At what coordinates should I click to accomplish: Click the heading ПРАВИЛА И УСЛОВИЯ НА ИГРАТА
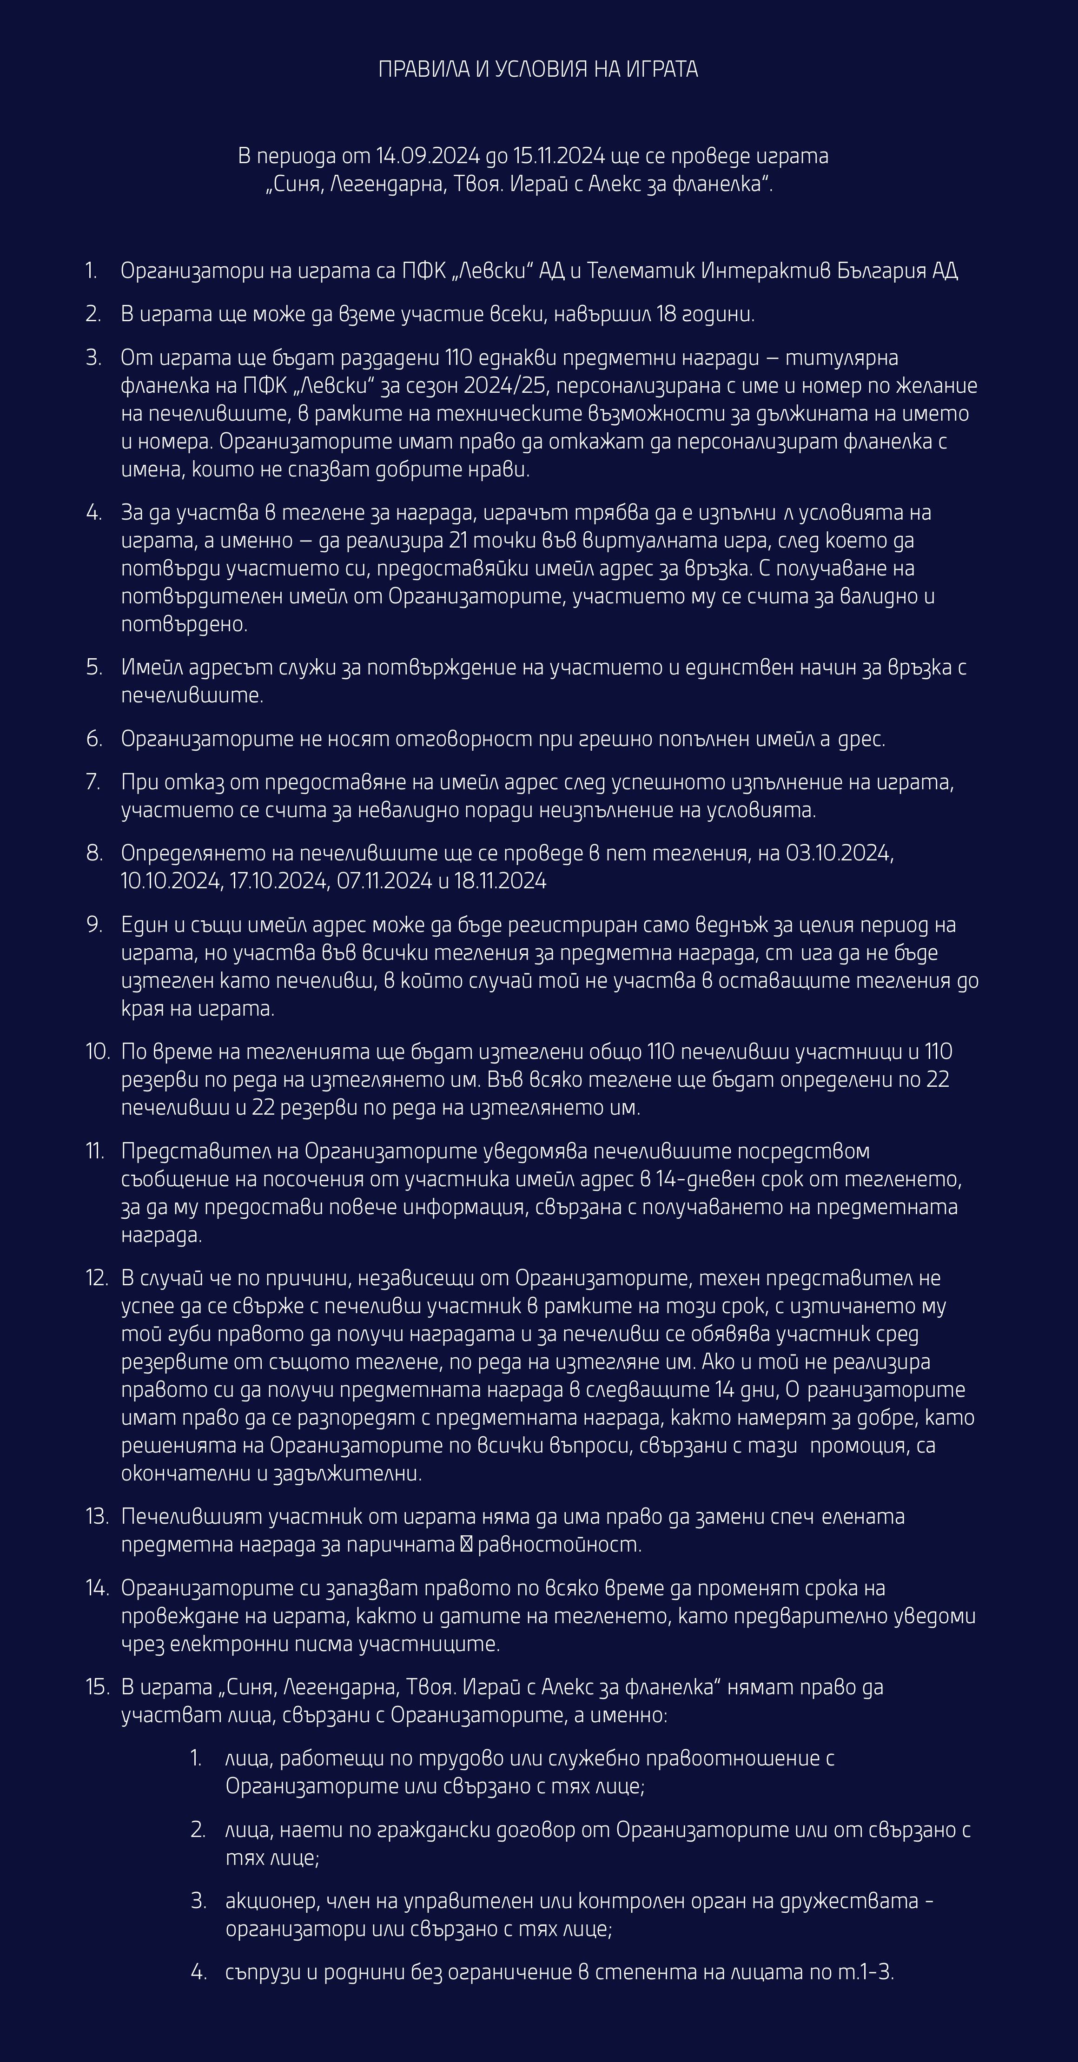pyautogui.click(x=538, y=70)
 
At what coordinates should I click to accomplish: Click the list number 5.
pyautogui.click(x=93, y=668)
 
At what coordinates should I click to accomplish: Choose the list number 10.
pyautogui.click(x=97, y=1052)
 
